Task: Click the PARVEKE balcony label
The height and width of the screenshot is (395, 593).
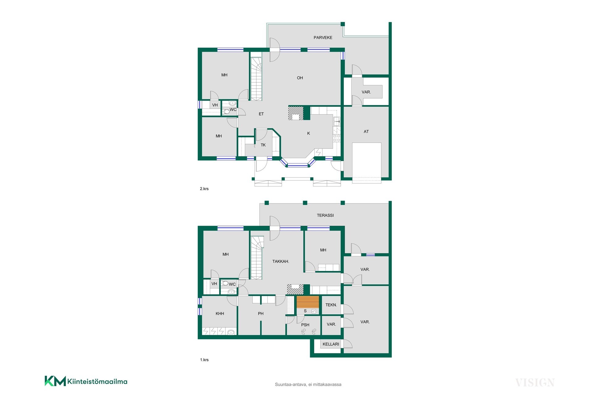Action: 323,38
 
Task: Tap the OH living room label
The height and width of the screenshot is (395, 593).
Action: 300,78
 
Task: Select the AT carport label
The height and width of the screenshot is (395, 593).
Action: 366,132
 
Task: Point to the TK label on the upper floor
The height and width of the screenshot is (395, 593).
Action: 263,145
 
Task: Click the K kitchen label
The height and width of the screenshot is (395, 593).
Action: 309,134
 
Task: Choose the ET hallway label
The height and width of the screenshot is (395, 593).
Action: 261,114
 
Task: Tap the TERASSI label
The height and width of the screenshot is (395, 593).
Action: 325,215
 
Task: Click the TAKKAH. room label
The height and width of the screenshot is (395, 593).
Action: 281,261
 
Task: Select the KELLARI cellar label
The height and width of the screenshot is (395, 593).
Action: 331,344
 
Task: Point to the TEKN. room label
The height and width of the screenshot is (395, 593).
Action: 331,305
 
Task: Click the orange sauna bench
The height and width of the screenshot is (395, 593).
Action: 308,301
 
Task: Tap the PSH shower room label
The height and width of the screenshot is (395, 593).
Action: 305,325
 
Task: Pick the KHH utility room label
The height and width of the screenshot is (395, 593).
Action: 220,314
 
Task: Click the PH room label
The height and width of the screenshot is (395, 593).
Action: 261,314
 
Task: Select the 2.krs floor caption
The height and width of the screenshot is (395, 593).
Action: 204,189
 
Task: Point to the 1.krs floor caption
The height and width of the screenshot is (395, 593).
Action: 204,360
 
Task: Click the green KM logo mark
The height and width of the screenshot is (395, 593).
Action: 55,381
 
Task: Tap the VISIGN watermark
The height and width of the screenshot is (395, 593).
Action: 535,383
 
